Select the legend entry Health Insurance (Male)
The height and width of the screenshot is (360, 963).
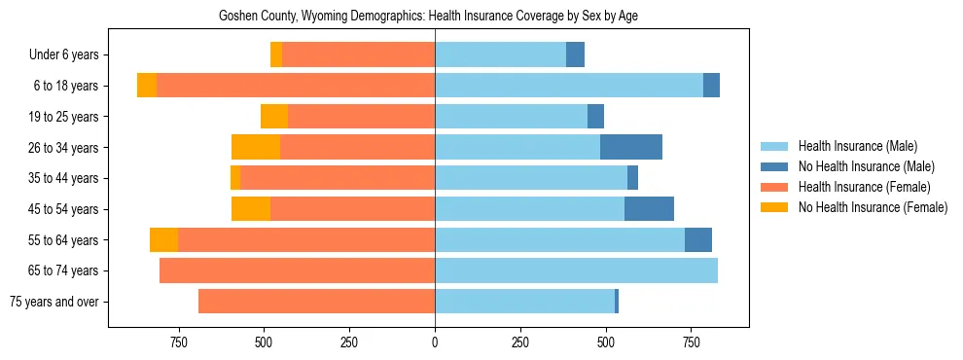[857, 146]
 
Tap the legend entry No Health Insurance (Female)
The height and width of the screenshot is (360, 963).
[873, 207]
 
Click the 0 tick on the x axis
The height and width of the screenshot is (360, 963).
[435, 342]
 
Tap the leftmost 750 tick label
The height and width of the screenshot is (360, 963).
[178, 342]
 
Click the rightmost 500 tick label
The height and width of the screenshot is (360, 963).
[606, 342]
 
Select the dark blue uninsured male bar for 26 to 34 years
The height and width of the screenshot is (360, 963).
[631, 147]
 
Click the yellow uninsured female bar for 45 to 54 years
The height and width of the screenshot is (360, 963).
[251, 209]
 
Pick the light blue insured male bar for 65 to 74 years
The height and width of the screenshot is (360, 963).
[576, 270]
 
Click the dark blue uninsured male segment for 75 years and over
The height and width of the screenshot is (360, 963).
[617, 302]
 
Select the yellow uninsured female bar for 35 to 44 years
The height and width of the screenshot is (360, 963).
[235, 178]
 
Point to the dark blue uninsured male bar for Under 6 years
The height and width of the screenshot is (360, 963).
[575, 54]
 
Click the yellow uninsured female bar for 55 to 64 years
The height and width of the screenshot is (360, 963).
[163, 239]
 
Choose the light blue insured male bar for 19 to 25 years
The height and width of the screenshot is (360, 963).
[511, 117]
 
